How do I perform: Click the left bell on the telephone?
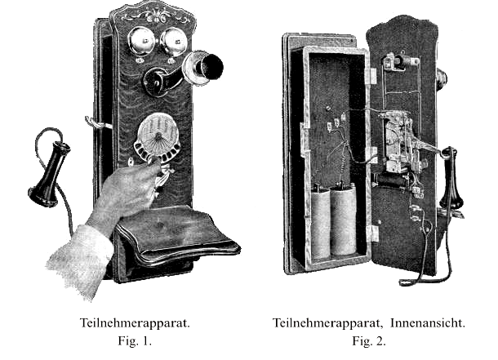(141, 42)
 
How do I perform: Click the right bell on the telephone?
(174, 42)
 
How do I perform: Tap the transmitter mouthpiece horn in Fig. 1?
(205, 67)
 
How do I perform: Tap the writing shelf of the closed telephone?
(178, 235)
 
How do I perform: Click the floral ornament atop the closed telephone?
(156, 16)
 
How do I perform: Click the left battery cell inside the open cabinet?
(320, 222)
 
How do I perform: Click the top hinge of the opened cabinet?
(372, 76)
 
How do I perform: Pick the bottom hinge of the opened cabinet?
(373, 233)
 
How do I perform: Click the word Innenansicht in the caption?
(428, 323)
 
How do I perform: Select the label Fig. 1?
(135, 341)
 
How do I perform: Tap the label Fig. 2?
(369, 341)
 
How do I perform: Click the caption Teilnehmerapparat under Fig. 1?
(135, 323)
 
